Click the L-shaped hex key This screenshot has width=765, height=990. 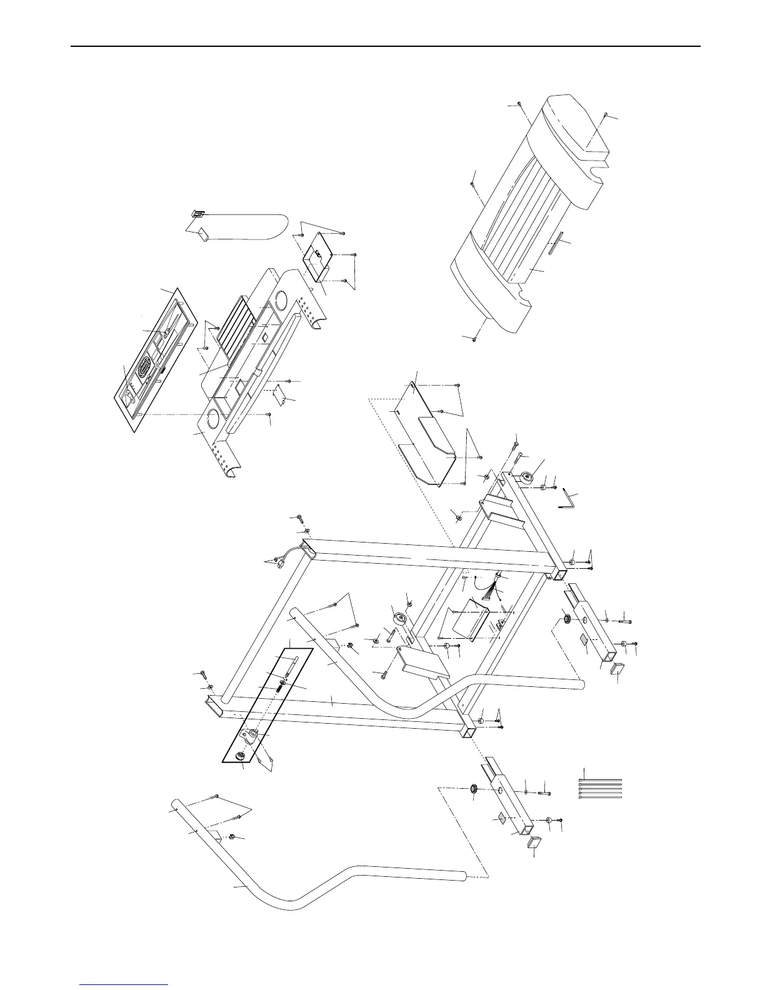point(569,500)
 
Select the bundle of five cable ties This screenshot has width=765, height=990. point(601,789)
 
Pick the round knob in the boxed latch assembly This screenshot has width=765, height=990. point(241,757)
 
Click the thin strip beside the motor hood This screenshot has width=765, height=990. point(556,244)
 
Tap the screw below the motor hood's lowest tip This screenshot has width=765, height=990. point(474,339)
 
